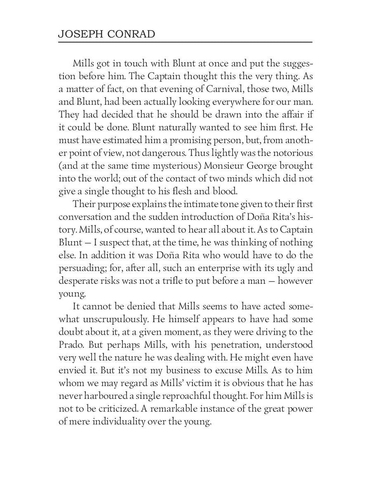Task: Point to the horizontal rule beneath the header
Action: pyautogui.click(x=185, y=42)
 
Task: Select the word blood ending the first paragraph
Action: pyautogui.click(x=214, y=191)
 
